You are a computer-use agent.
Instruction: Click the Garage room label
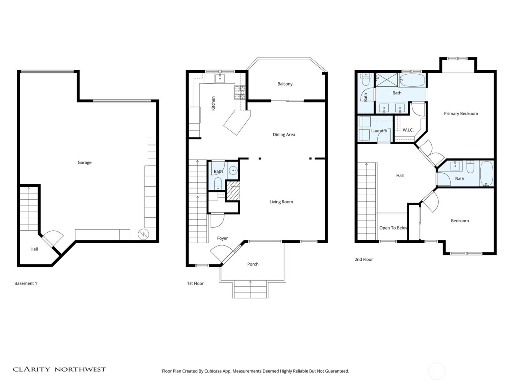tap(84, 162)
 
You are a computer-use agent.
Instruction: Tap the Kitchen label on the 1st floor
tap(214, 103)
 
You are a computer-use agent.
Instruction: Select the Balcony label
tap(285, 84)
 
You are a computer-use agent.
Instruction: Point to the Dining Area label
tap(284, 135)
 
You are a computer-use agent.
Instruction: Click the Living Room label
tap(281, 202)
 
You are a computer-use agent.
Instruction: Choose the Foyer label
tap(222, 238)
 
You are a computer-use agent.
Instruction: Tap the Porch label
tap(253, 264)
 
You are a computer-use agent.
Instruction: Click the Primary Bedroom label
tap(461, 114)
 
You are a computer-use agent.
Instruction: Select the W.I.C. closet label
tap(408, 130)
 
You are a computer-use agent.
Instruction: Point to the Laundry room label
tap(379, 131)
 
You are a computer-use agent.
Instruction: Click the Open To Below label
tap(393, 228)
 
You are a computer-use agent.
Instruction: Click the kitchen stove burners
tap(239, 92)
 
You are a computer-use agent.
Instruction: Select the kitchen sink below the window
tap(220, 78)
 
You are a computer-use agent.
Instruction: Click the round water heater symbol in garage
tap(143, 234)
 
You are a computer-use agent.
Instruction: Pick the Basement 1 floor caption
tap(26, 283)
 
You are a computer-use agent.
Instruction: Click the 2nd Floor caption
tap(364, 260)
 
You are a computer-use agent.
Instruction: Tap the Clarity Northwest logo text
tap(59, 369)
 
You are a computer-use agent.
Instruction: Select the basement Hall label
tap(34, 249)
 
